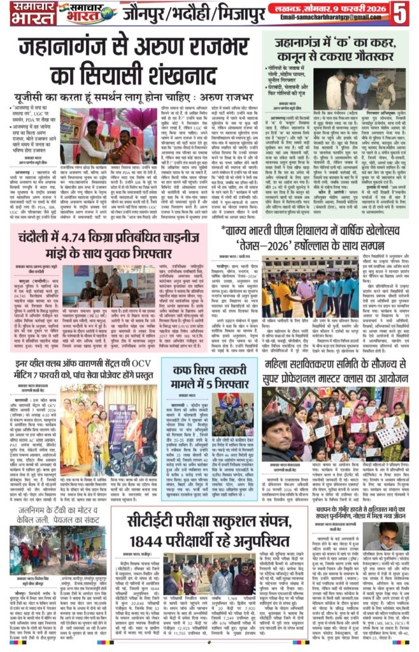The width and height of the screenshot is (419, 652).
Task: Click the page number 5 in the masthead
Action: [x=403, y=13]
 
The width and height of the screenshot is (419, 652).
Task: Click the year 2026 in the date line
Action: [x=376, y=8]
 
